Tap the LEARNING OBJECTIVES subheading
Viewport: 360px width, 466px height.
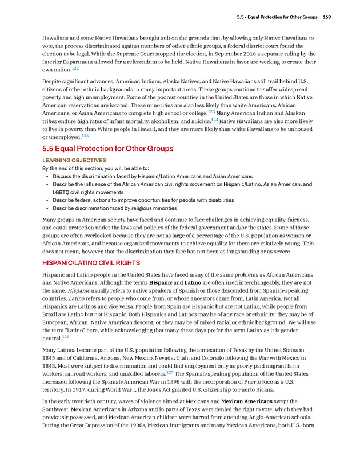[x=74, y=161]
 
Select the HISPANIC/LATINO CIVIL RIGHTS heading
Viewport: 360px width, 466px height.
[x=91, y=262]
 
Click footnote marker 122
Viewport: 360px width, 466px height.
[x=75, y=68]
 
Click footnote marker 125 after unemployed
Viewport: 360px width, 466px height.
[x=85, y=136]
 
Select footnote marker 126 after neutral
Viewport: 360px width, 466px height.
[x=65, y=337]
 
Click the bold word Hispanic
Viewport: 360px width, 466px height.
[x=158, y=282]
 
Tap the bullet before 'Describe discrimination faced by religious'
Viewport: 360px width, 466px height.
[x=46, y=208]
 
